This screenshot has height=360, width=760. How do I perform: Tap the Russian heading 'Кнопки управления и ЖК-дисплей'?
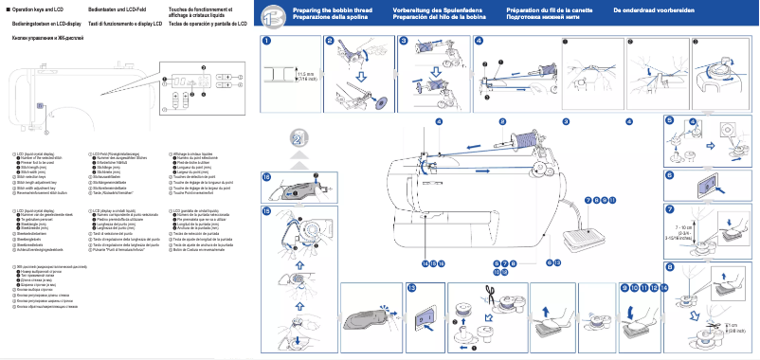(x=44, y=38)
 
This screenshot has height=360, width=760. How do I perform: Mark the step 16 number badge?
(x=266, y=177)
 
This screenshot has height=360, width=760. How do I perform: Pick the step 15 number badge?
(x=266, y=209)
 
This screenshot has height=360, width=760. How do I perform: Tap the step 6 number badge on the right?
(x=669, y=175)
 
